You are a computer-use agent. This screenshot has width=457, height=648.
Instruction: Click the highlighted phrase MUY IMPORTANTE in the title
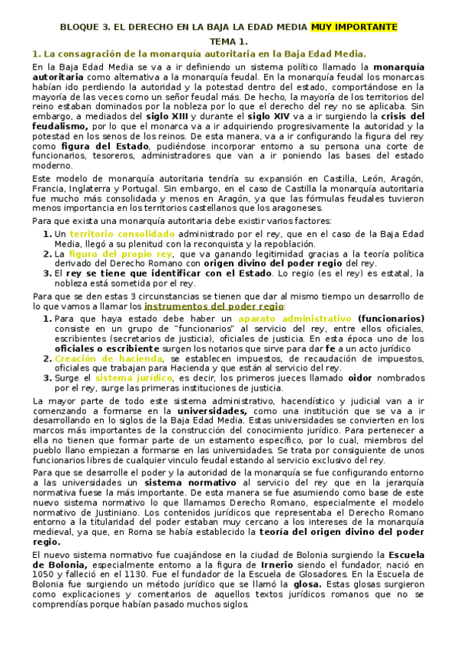(x=354, y=27)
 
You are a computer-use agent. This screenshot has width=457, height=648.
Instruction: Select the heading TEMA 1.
(x=229, y=40)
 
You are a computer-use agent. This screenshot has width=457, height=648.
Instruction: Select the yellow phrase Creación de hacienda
(x=110, y=358)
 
